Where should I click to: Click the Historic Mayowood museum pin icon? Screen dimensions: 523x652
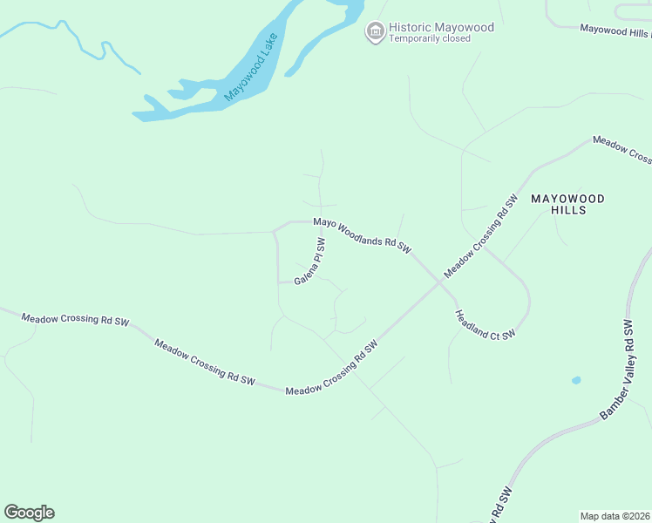click(x=376, y=32)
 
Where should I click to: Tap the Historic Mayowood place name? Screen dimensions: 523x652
click(x=441, y=27)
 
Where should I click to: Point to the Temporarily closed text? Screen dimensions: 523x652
click(x=430, y=38)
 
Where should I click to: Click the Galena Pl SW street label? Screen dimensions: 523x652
click(x=309, y=262)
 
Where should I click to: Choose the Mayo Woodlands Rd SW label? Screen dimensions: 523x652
click(x=362, y=234)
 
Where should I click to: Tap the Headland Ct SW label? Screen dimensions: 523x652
click(x=485, y=323)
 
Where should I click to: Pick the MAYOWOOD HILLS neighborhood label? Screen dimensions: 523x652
click(x=567, y=205)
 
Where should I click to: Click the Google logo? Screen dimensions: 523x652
click(x=29, y=513)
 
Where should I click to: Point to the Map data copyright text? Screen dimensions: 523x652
click(x=615, y=516)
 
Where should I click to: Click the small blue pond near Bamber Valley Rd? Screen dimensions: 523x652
click(x=576, y=381)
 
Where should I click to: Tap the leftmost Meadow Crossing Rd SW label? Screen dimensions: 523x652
click(x=75, y=320)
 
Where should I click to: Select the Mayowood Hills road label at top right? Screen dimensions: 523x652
click(x=615, y=31)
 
